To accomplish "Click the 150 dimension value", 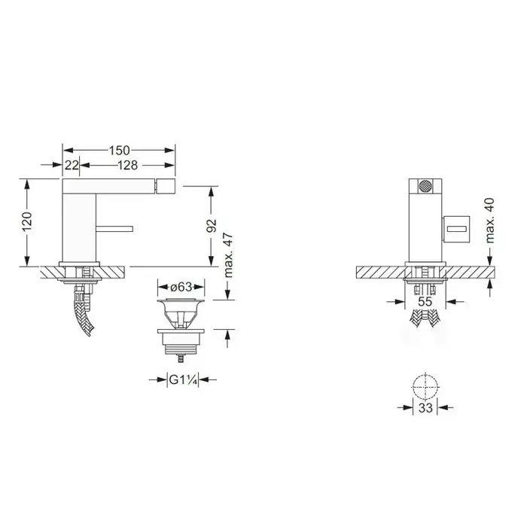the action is click(119, 151).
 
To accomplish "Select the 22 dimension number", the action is click(72, 166).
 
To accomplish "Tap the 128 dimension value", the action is click(127, 166).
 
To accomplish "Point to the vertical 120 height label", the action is click(27, 222).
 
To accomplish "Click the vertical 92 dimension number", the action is click(212, 226).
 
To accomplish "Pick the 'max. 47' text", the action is click(228, 254).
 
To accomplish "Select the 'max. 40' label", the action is click(490, 221).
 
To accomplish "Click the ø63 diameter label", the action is click(181, 288).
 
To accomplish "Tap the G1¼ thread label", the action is click(182, 379).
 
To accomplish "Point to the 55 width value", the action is click(425, 301).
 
